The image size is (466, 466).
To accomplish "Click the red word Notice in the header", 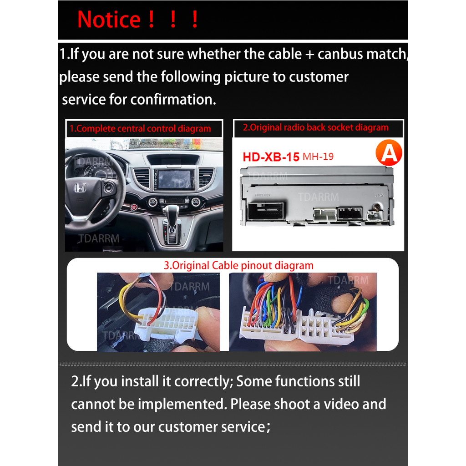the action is point(109,20).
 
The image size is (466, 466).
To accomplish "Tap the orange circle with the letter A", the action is point(389,153).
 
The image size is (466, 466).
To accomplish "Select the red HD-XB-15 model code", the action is point(271,157).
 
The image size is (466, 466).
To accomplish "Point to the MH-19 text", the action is point(318,157).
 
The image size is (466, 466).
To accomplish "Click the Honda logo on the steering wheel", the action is point(80,188).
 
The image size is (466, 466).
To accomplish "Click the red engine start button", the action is point(134,207).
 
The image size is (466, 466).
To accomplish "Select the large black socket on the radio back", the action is point(266,211).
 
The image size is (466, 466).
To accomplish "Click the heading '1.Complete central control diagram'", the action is point(140,129).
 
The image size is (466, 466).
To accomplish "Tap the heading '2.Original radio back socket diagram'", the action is point(316,127).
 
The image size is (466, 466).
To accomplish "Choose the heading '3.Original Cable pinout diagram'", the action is point(238,265).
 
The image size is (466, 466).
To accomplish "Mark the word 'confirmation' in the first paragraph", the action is point(173,99).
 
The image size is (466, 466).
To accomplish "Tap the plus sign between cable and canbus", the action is point(309,55).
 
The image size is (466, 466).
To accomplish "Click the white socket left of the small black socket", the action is point(325,215).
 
